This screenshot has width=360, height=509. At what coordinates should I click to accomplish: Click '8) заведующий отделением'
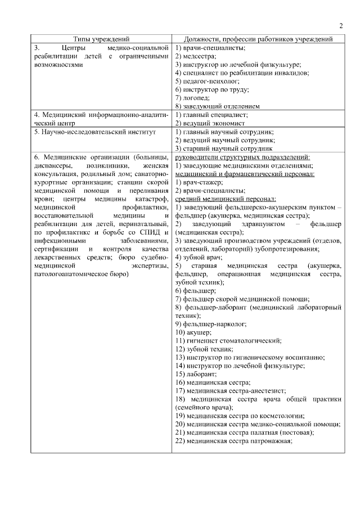click(x=217, y=106)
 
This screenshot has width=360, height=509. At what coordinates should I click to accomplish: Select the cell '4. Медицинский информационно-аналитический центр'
click(x=101, y=118)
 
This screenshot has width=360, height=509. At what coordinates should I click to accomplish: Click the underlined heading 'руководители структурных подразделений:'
click(x=242, y=157)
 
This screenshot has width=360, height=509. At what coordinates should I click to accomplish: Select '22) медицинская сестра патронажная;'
click(x=233, y=440)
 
